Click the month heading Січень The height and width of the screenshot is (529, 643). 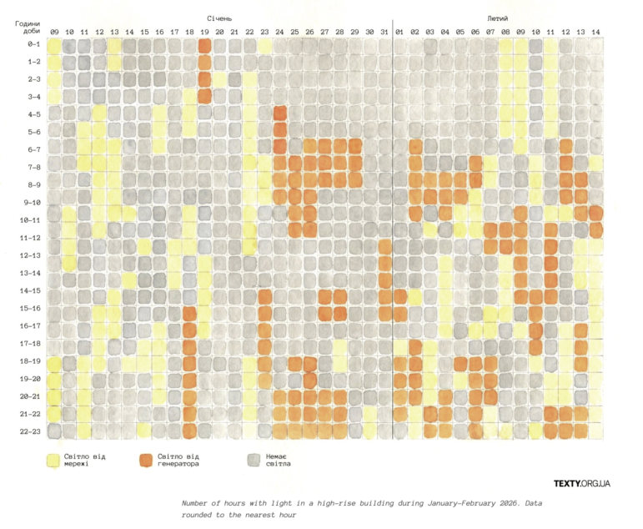point(219,18)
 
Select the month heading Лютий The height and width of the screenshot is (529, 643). point(497,18)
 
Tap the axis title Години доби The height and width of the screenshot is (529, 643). point(28,28)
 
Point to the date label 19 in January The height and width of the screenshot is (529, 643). point(204,32)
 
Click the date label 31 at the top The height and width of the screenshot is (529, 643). point(384,32)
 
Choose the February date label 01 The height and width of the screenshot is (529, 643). point(399,32)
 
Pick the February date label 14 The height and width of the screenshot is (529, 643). point(595,32)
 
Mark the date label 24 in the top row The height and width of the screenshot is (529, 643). point(279,32)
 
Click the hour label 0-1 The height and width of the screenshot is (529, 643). point(34,44)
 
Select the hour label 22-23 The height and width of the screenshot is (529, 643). point(30,431)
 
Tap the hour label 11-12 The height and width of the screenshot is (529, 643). point(30,238)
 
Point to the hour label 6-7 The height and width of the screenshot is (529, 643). point(34,149)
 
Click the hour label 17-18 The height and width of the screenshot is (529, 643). point(30,343)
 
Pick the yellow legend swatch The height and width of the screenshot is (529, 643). point(53,461)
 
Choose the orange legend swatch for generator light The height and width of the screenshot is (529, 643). point(146,461)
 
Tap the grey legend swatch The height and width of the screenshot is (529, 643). point(254,461)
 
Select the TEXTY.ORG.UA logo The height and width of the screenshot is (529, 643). point(581,483)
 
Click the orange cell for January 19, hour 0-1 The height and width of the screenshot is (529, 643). point(204,45)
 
